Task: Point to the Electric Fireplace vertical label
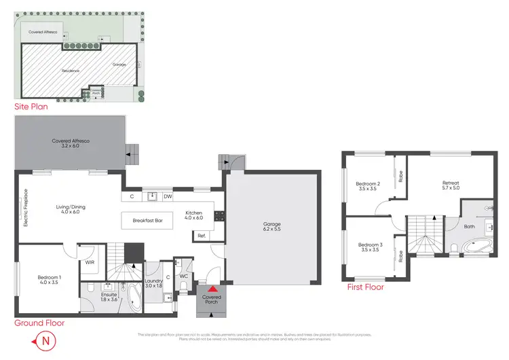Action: tap(25, 207)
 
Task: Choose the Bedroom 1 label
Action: tap(49, 281)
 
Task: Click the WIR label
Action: tap(90, 262)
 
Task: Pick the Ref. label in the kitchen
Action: tap(202, 236)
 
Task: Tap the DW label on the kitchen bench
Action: tap(167, 197)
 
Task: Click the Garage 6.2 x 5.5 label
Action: tap(271, 227)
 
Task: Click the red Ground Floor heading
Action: tap(39, 323)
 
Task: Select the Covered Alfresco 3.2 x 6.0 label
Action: tap(71, 143)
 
